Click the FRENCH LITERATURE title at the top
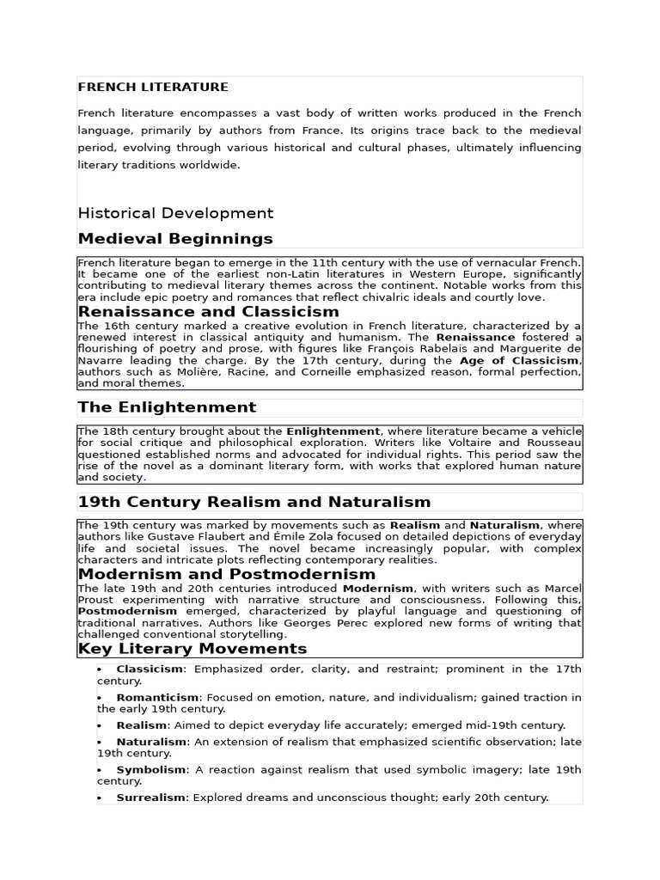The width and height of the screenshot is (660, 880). (x=153, y=87)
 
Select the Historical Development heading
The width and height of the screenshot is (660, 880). (x=175, y=213)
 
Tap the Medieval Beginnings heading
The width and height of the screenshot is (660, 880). (x=175, y=238)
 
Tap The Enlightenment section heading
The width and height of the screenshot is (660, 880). (x=167, y=407)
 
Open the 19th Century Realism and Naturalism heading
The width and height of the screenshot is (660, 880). (x=254, y=502)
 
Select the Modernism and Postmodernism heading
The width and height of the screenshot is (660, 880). (x=227, y=574)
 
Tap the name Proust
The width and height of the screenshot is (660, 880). (x=96, y=600)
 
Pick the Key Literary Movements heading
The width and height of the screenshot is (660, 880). (x=192, y=648)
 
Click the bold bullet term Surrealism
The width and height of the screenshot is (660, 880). (x=151, y=797)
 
